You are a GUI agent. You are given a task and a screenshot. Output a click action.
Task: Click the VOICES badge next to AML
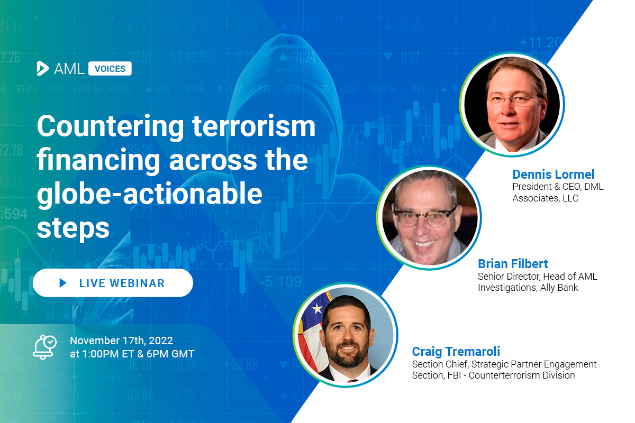click(110, 69)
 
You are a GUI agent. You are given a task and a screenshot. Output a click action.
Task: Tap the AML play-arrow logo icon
click(42, 68)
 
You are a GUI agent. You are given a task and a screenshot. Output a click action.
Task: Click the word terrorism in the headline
click(253, 126)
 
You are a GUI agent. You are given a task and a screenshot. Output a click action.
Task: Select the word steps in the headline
click(73, 228)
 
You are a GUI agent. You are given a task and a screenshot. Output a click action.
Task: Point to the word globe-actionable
click(150, 194)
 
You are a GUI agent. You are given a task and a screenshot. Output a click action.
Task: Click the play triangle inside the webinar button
click(63, 283)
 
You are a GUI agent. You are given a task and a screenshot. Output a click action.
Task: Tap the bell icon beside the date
click(44, 347)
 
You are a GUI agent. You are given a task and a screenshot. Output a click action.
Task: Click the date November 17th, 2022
click(121, 341)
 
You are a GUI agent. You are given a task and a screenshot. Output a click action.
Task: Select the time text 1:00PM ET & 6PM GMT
click(138, 354)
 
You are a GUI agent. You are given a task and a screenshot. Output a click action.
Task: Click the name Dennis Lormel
click(554, 174)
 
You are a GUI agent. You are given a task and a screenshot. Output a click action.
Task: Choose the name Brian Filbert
click(513, 264)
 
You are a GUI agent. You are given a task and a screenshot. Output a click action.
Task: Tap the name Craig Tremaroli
click(456, 352)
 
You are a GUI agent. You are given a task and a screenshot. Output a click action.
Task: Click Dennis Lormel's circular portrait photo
click(512, 105)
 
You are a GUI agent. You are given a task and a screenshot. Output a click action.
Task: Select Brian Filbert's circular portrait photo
click(429, 218)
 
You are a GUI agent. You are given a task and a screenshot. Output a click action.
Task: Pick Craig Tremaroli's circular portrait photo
click(346, 335)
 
